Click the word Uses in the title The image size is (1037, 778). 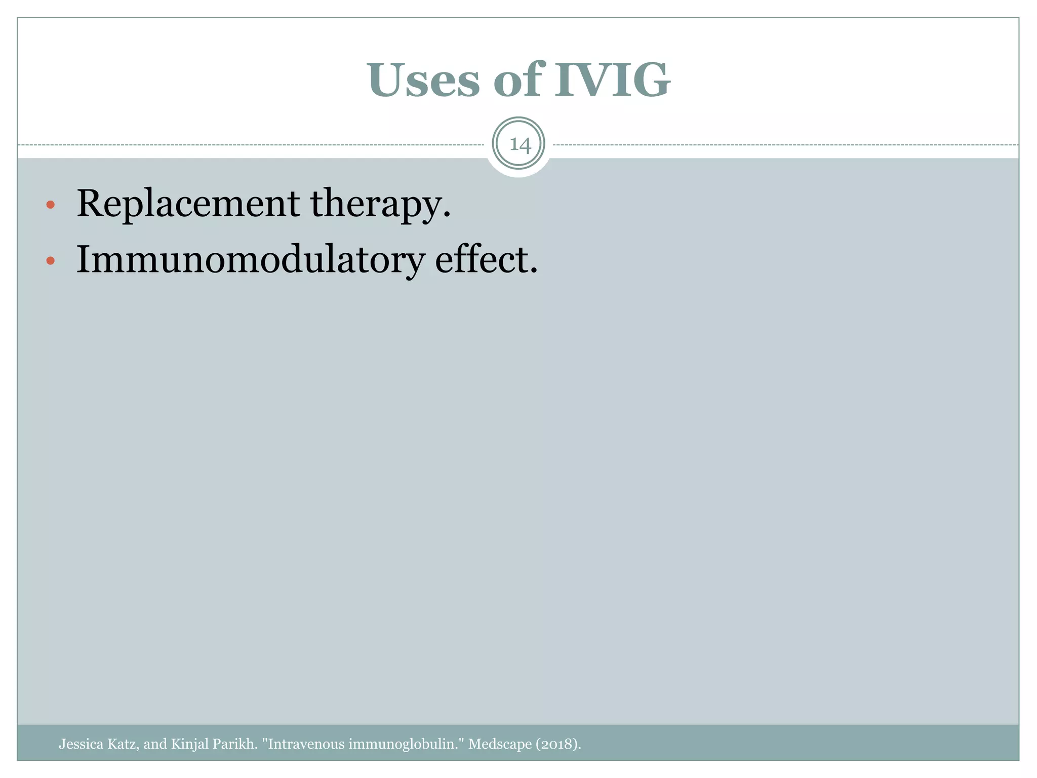click(x=424, y=80)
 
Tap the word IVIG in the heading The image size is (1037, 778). click(x=612, y=80)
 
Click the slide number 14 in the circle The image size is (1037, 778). click(x=519, y=145)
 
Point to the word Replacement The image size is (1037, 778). click(x=187, y=203)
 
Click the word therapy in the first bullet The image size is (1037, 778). click(x=375, y=204)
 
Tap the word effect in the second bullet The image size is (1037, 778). click(x=481, y=259)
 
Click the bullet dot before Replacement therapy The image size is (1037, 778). click(x=50, y=205)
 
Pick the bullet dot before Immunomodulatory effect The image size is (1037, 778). click(x=50, y=261)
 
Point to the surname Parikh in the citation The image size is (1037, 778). click(x=235, y=744)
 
